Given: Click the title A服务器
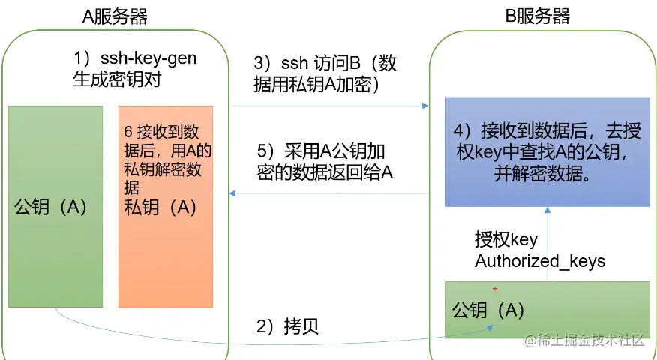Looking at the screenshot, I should click(x=114, y=16).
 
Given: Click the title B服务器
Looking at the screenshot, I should click(x=537, y=16).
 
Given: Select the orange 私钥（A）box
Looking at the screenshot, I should click(x=166, y=247).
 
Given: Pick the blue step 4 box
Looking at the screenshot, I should click(x=547, y=151).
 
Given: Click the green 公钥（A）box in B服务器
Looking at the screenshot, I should click(x=547, y=310).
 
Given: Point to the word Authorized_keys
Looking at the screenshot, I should click(x=540, y=262).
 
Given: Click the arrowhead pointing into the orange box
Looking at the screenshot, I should click(x=233, y=193).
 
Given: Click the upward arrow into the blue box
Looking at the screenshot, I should click(x=547, y=211).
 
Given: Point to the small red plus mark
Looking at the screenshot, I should click(x=495, y=288).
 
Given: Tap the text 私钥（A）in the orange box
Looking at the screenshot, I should click(x=160, y=208).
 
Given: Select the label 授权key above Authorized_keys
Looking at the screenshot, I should click(x=506, y=240).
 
